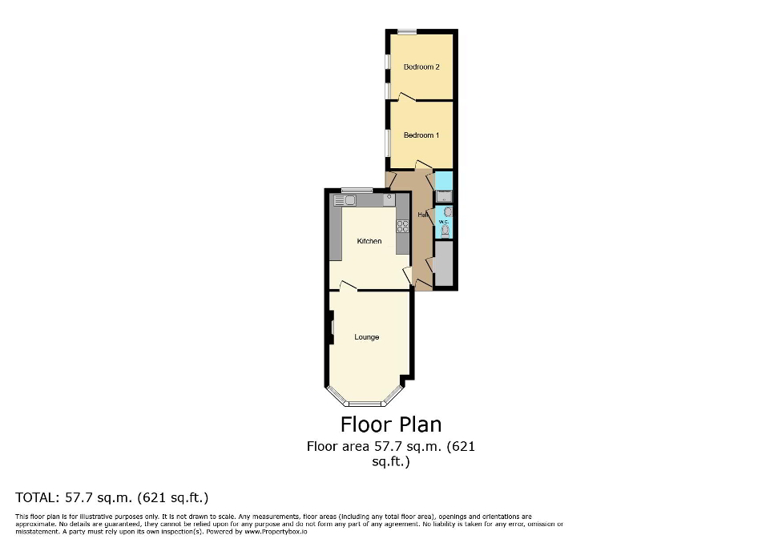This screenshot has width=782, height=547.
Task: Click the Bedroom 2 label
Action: pos(421,67)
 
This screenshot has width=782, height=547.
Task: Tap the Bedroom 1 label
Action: pos(421,135)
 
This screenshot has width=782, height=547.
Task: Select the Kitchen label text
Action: pos(369,241)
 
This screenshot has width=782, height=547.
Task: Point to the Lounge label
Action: pos(367,337)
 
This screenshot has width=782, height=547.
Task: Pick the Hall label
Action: pos(422,215)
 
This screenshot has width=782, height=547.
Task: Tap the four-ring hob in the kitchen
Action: pos(403,226)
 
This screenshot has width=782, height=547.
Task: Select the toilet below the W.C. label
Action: pos(445,232)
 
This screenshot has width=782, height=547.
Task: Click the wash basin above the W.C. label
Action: pos(447,212)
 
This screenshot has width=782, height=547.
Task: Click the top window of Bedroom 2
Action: pos(407,32)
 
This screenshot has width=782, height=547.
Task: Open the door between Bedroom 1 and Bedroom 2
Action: pos(406,98)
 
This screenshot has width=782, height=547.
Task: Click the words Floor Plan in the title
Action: pos(391,424)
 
